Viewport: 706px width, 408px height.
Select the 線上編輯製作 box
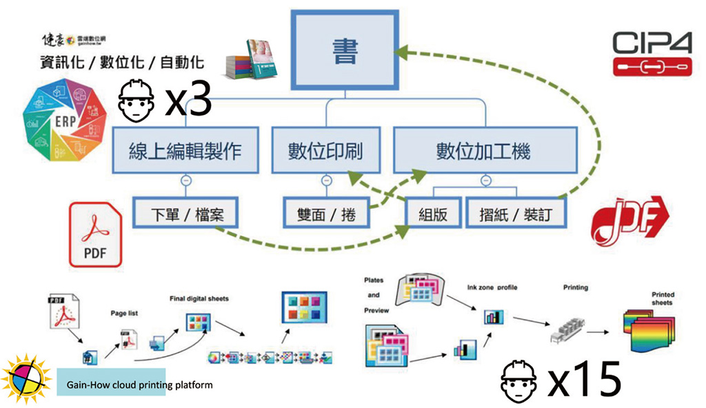coord(185,151)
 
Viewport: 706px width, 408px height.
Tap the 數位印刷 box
coord(325,151)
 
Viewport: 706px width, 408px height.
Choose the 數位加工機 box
coord(483,151)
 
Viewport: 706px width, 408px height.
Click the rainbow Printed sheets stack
coord(647,328)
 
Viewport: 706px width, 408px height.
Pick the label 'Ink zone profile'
coord(492,287)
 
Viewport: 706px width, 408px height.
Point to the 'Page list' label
coord(124,313)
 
